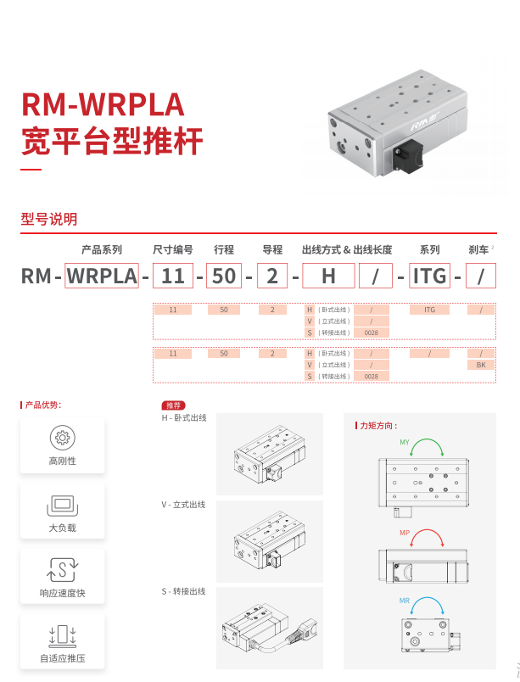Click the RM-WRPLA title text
click(x=102, y=105)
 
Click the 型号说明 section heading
click(x=48, y=220)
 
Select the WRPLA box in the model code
click(x=102, y=276)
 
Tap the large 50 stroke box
click(x=224, y=276)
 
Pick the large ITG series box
click(x=428, y=276)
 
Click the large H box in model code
click(x=327, y=276)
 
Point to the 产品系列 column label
click(x=102, y=250)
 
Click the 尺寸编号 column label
click(x=172, y=250)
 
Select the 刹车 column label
click(x=479, y=250)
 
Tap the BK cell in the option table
click(x=481, y=365)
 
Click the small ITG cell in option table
click(x=428, y=310)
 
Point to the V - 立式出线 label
click(x=184, y=505)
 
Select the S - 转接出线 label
click(x=184, y=591)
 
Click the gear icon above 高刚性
click(x=62, y=438)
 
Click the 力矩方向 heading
click(x=378, y=426)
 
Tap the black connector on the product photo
click(x=406, y=159)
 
